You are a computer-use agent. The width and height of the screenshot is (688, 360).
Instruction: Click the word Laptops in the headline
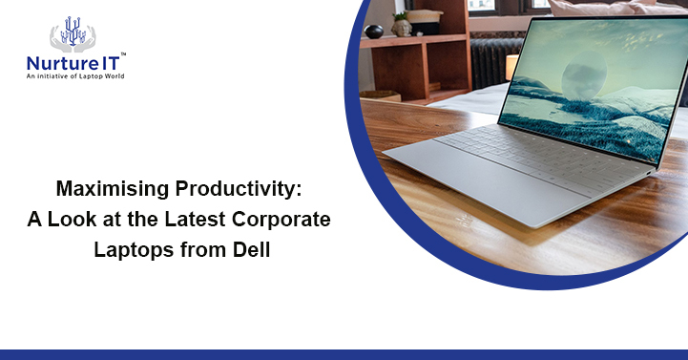pos(127,250)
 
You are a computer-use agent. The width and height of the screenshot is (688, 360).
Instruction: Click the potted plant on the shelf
pos(400,21)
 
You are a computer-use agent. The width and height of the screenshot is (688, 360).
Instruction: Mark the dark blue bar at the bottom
pos(344,354)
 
